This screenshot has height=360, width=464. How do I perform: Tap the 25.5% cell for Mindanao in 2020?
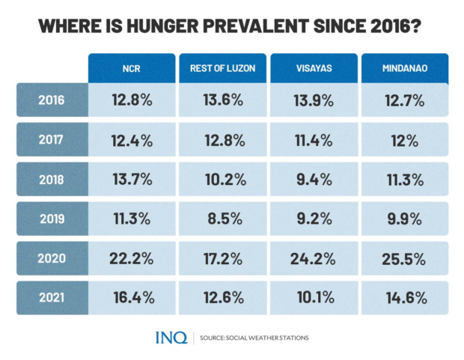(x=405, y=259)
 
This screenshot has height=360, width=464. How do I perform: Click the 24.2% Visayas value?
(x=314, y=259)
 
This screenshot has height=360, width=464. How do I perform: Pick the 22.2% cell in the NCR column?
(x=132, y=259)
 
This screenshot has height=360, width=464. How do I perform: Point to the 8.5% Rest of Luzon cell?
(x=222, y=219)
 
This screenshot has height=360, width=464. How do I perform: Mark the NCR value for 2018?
(x=132, y=180)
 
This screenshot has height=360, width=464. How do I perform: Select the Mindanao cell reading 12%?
(x=405, y=140)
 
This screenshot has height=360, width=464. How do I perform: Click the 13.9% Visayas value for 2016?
(x=314, y=100)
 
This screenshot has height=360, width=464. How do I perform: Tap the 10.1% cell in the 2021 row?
(x=314, y=297)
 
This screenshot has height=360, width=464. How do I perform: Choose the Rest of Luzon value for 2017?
(x=222, y=140)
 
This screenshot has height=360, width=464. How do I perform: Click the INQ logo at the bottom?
(x=171, y=338)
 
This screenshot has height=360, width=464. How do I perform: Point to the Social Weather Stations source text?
(x=254, y=338)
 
